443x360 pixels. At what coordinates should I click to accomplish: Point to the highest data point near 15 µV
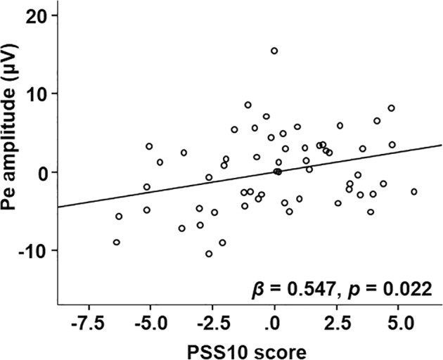pyautogui.click(x=274, y=51)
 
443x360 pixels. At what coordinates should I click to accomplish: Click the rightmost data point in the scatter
pyautogui.click(x=414, y=191)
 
